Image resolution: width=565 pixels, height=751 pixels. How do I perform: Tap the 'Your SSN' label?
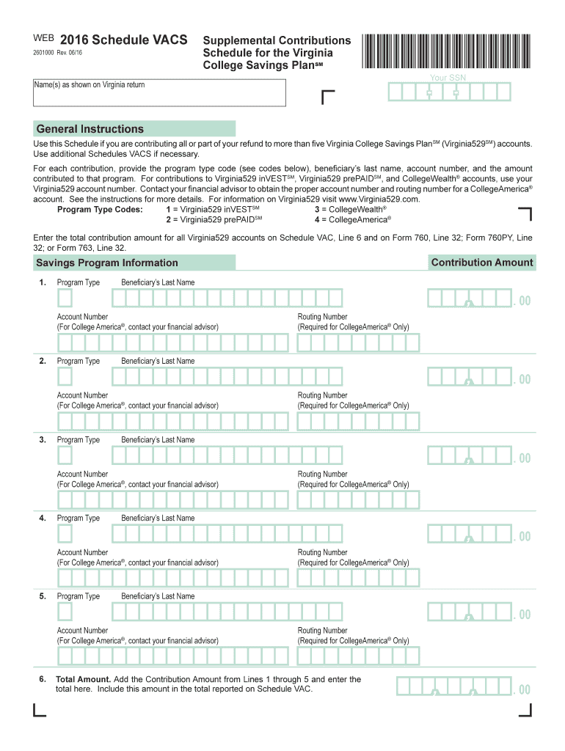[448, 78]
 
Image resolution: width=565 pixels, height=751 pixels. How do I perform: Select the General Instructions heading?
[90, 129]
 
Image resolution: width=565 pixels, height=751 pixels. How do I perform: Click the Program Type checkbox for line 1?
[65, 298]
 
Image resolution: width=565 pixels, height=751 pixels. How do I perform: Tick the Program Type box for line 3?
[65, 455]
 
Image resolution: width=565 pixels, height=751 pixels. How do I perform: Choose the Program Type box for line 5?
[65, 612]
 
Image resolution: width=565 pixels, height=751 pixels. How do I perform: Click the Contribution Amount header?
[482, 263]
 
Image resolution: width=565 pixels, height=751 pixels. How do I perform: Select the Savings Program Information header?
[108, 263]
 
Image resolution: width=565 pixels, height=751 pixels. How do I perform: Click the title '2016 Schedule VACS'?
[123, 40]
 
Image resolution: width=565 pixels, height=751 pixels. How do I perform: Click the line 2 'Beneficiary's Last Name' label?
[158, 361]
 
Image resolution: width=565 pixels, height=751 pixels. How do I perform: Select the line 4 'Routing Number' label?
[323, 552]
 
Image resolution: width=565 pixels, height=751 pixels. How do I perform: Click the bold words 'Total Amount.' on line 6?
[84, 679]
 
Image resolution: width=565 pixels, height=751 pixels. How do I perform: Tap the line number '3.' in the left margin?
[43, 439]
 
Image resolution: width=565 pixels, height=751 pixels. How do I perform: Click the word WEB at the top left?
[43, 37]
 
